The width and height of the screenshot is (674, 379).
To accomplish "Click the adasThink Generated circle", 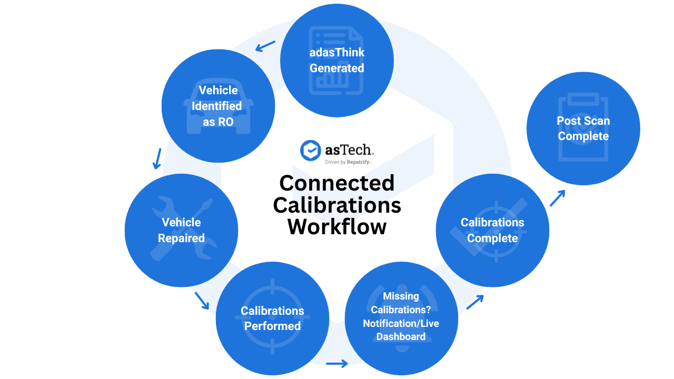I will (337, 61).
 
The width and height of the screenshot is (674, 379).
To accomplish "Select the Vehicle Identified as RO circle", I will (218, 106).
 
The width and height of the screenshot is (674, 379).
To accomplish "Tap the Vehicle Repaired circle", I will (181, 231).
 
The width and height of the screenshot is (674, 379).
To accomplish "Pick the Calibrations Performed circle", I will (272, 318).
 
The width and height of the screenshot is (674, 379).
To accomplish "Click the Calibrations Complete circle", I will (492, 231).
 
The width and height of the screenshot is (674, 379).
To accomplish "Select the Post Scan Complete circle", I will (583, 128).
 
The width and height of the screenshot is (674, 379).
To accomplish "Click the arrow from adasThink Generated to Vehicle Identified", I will (265, 46).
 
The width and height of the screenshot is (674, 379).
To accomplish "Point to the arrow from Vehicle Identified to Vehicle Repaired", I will (157, 158).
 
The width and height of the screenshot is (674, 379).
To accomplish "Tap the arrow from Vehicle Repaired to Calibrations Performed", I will (202, 300).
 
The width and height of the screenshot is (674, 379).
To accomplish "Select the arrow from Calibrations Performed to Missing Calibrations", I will (337, 363).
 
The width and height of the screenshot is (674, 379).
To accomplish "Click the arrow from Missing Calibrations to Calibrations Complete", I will (474, 302).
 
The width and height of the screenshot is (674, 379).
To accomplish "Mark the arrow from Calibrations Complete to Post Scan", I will (557, 198).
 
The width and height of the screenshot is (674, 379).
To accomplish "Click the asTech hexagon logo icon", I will (310, 150).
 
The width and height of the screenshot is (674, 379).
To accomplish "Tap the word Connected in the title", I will (337, 183).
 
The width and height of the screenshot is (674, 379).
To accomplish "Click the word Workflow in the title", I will (337, 227).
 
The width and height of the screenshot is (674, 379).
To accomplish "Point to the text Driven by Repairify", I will (349, 163).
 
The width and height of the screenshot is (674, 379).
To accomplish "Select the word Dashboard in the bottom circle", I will (401, 336).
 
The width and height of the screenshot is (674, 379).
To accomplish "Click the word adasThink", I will (337, 53).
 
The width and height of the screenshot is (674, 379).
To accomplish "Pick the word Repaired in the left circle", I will (181, 238).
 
